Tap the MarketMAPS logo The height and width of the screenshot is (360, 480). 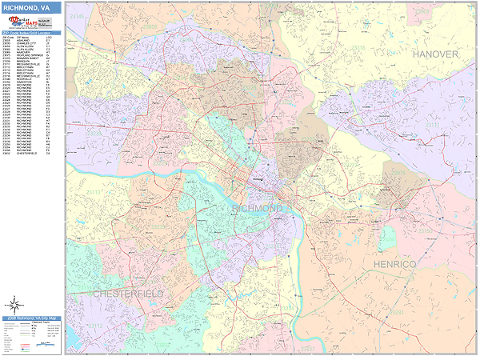pyautogui.click(x=31, y=24)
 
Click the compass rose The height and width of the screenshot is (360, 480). pyautogui.click(x=14, y=304)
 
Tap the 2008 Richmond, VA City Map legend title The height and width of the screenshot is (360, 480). pyautogui.click(x=31, y=318)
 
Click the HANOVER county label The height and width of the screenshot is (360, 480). pyautogui.click(x=435, y=54)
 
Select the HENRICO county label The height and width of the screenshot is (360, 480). pyautogui.click(x=392, y=263)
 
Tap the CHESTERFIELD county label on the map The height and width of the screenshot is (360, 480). pyautogui.click(x=128, y=294)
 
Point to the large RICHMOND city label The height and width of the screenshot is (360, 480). pyautogui.click(x=257, y=208)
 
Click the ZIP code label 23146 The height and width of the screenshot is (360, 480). pyautogui.click(x=77, y=16)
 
